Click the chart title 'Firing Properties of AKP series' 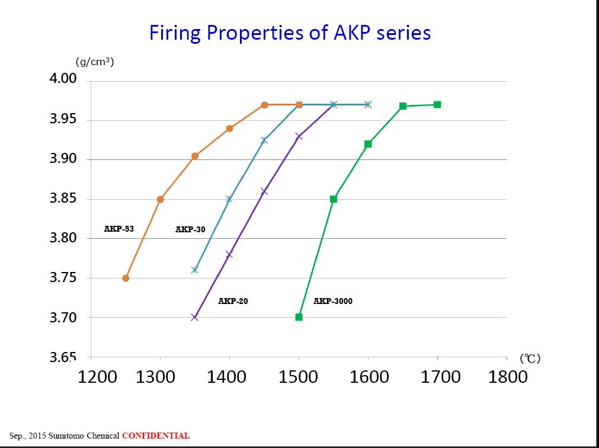coord(290,32)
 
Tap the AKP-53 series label coord(119,228)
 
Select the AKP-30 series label coord(190,229)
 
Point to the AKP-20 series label coord(233,301)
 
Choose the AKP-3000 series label coord(333,301)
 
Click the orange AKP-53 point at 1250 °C coord(126,278)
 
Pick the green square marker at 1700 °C coord(437,105)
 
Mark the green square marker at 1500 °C coord(299,317)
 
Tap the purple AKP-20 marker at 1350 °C coord(194,317)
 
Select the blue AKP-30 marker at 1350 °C coord(194,270)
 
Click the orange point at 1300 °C coord(160,199)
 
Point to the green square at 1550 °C coord(334,199)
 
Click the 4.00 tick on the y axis coord(62,79)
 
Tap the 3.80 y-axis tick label coord(62,238)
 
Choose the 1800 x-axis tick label coord(508,377)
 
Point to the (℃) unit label coord(530,359)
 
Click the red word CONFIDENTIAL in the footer coord(156,436)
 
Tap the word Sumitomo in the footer coord(72,436)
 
